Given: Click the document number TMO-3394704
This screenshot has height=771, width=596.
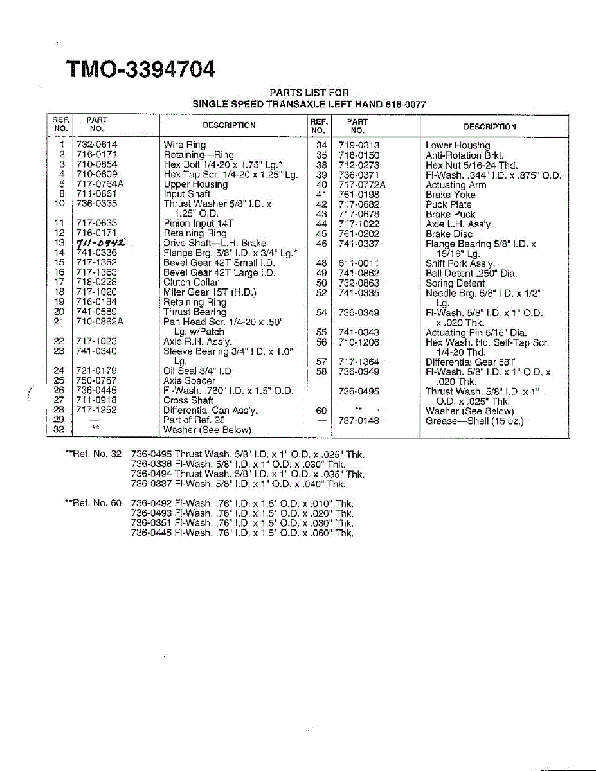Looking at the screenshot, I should pyautogui.click(x=141, y=69).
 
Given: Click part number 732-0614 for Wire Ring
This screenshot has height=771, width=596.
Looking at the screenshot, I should pyautogui.click(x=96, y=145).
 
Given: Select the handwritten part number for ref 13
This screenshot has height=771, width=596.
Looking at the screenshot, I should pyautogui.click(x=100, y=243).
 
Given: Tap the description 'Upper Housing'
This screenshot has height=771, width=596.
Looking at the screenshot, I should pyautogui.click(x=195, y=184).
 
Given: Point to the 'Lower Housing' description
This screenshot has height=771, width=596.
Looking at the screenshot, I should pyautogui.click(x=458, y=146).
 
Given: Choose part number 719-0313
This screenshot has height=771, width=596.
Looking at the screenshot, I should pyautogui.click(x=359, y=146).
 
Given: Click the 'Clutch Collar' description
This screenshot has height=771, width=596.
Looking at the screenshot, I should pyautogui.click(x=191, y=283).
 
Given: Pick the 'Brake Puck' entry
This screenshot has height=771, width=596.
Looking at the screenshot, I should pyautogui.click(x=451, y=215).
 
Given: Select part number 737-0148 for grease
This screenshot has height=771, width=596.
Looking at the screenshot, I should pyautogui.click(x=359, y=421).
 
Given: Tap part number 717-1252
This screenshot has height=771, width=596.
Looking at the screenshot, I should pyautogui.click(x=96, y=410).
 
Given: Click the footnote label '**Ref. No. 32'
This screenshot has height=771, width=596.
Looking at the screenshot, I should pyautogui.click(x=94, y=454).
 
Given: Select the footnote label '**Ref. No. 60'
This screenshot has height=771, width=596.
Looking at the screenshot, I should pyautogui.click(x=94, y=504).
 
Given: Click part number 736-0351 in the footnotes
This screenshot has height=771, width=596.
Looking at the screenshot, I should pyautogui.click(x=151, y=523).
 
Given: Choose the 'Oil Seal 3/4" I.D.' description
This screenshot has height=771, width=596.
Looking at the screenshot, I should pyautogui.click(x=199, y=371).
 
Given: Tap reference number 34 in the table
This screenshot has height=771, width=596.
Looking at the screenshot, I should pyautogui.click(x=321, y=146).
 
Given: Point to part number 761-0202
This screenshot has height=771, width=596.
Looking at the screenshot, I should pyautogui.click(x=359, y=234).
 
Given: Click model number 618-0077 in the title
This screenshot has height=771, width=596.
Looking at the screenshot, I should pyautogui.click(x=406, y=104).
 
